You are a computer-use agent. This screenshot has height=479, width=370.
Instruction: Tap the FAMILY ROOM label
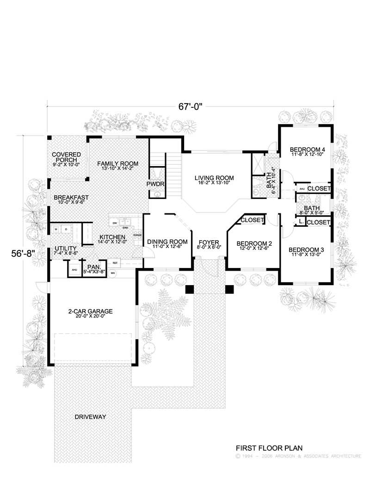(117, 163)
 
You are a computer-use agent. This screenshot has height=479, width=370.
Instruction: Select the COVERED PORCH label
(66, 157)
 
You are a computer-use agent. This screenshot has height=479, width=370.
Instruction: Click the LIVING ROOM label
(214, 178)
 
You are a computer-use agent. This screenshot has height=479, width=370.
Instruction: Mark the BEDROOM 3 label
(306, 250)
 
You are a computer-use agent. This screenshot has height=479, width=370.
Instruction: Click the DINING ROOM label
(167, 242)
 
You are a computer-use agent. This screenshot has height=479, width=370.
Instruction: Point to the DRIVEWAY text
(90, 417)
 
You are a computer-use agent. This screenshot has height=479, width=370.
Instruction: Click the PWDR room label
(156, 184)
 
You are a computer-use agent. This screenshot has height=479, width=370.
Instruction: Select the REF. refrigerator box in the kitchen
(115, 262)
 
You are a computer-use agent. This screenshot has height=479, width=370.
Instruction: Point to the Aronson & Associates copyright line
(298, 456)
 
